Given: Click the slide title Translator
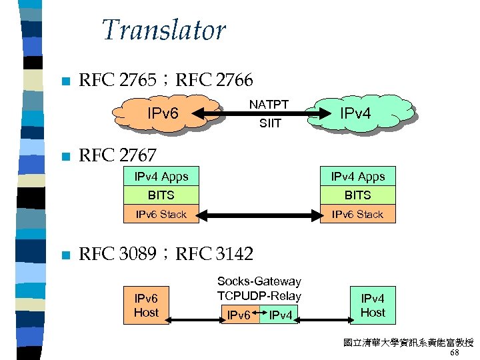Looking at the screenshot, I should coord(163,30).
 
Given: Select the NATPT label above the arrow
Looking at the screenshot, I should coord(269,105).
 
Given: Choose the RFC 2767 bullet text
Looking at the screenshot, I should coord(117,156).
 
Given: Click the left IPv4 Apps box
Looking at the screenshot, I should coord(161,177).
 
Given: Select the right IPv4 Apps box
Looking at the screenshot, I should coord(357,177).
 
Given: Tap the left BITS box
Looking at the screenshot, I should coord(161,195).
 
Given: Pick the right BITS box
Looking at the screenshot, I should coord(357,195).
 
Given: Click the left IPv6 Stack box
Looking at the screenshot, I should coord(161,214).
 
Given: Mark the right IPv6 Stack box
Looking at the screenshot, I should coord(357,214).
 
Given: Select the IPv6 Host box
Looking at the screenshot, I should coord(146,305).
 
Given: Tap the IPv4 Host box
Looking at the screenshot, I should coord(373,305).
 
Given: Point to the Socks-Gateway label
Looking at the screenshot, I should coord(259,282).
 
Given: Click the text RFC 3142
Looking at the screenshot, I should coord(214,254).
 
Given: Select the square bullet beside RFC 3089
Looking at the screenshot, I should coord(64,255).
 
